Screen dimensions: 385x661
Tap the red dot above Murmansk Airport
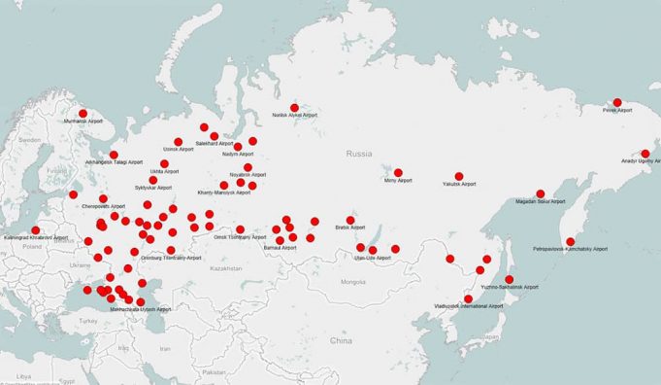tap(83, 113)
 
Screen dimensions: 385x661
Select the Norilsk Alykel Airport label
tap(296, 116)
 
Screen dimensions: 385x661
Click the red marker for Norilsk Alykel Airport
tap(294, 107)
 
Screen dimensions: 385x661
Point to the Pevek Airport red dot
tap(616, 102)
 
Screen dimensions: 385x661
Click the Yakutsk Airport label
tap(459, 184)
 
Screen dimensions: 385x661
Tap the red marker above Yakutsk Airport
tap(459, 176)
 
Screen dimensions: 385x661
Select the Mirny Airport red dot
tap(398, 172)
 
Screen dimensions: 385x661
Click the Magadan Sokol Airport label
tap(541, 201)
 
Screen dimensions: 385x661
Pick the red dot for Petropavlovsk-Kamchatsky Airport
tap(571, 241)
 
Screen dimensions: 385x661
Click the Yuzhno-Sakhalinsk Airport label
tap(510, 287)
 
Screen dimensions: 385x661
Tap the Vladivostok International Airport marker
tap(469, 298)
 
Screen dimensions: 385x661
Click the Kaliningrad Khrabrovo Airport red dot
tap(36, 230)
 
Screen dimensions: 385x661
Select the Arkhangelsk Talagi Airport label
tap(114, 162)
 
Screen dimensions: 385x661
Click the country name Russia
tap(359, 154)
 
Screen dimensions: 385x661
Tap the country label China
tap(340, 341)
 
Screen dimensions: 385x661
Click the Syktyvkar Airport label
tap(152, 188)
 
